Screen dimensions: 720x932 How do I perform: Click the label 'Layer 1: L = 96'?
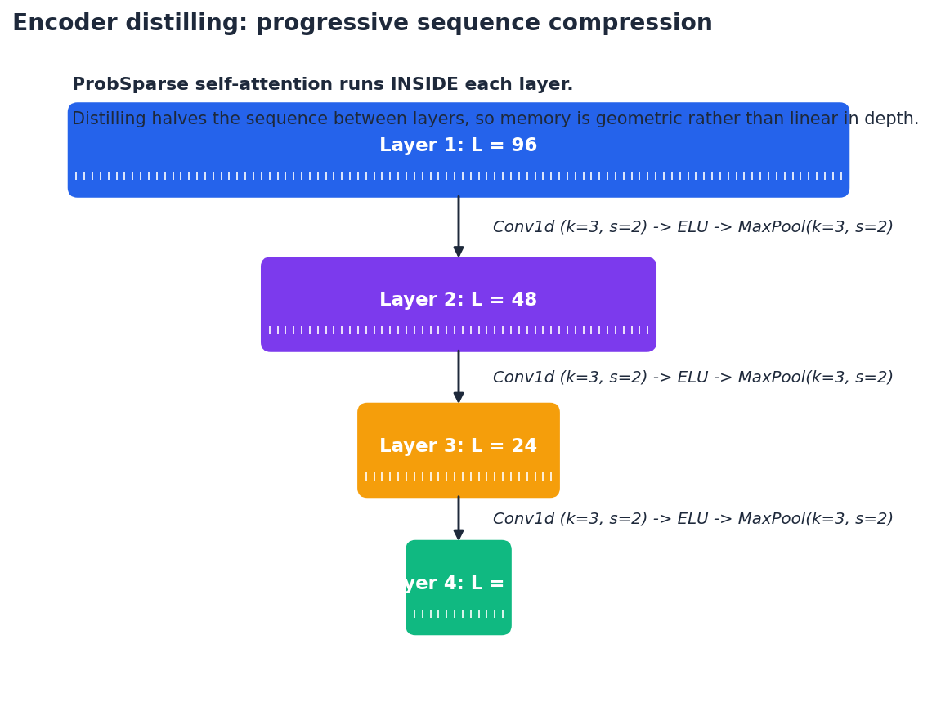click(458, 145)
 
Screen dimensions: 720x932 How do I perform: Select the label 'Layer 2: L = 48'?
click(458, 300)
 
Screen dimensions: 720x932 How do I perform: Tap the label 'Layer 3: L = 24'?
click(458, 446)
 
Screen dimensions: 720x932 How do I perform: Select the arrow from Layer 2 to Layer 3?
click(459, 377)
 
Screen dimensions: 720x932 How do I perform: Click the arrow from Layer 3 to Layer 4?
click(459, 518)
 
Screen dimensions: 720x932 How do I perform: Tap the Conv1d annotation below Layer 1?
click(692, 227)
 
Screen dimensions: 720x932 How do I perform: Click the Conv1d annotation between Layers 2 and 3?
click(692, 378)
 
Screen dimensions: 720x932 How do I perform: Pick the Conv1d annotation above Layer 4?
click(692, 519)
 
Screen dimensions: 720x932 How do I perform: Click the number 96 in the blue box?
click(523, 145)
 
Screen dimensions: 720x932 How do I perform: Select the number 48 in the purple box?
click(523, 300)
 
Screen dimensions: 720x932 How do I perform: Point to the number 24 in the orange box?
click(523, 446)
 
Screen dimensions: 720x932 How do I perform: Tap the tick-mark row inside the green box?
click(458, 614)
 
